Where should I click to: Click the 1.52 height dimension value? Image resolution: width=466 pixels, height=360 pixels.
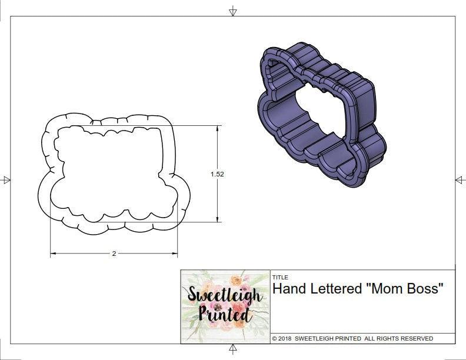coord(218,174)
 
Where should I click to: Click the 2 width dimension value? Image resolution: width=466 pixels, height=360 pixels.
coord(114,254)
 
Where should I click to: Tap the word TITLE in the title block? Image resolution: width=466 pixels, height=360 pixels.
coord(280,277)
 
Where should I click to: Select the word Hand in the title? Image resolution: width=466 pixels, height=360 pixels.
coord(287,289)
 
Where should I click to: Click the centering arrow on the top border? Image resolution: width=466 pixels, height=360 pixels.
coord(233,11)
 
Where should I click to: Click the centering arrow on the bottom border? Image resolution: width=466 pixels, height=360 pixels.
coord(233,349)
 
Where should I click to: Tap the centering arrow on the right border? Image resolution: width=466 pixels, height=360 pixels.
coord(460,179)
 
